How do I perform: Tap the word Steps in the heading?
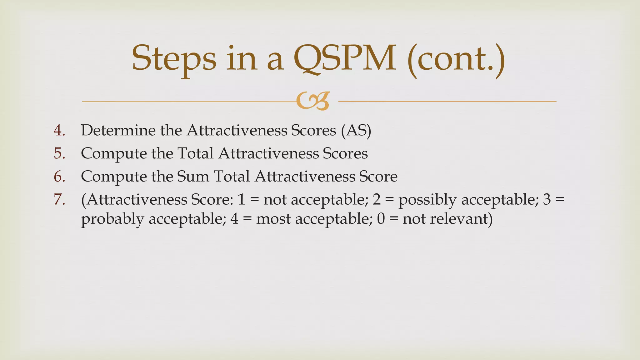coord(174,58)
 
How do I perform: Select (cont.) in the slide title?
coord(456,58)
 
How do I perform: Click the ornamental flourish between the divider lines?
coord(313,101)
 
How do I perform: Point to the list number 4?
coord(59,130)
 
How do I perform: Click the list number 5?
coord(59,153)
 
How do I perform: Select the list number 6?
coord(59,177)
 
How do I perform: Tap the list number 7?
coord(59,200)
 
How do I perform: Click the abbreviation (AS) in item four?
coord(356,130)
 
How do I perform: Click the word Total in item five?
coord(195,153)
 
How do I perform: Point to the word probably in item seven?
coord(112,219)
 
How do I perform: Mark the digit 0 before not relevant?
coord(381,219)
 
